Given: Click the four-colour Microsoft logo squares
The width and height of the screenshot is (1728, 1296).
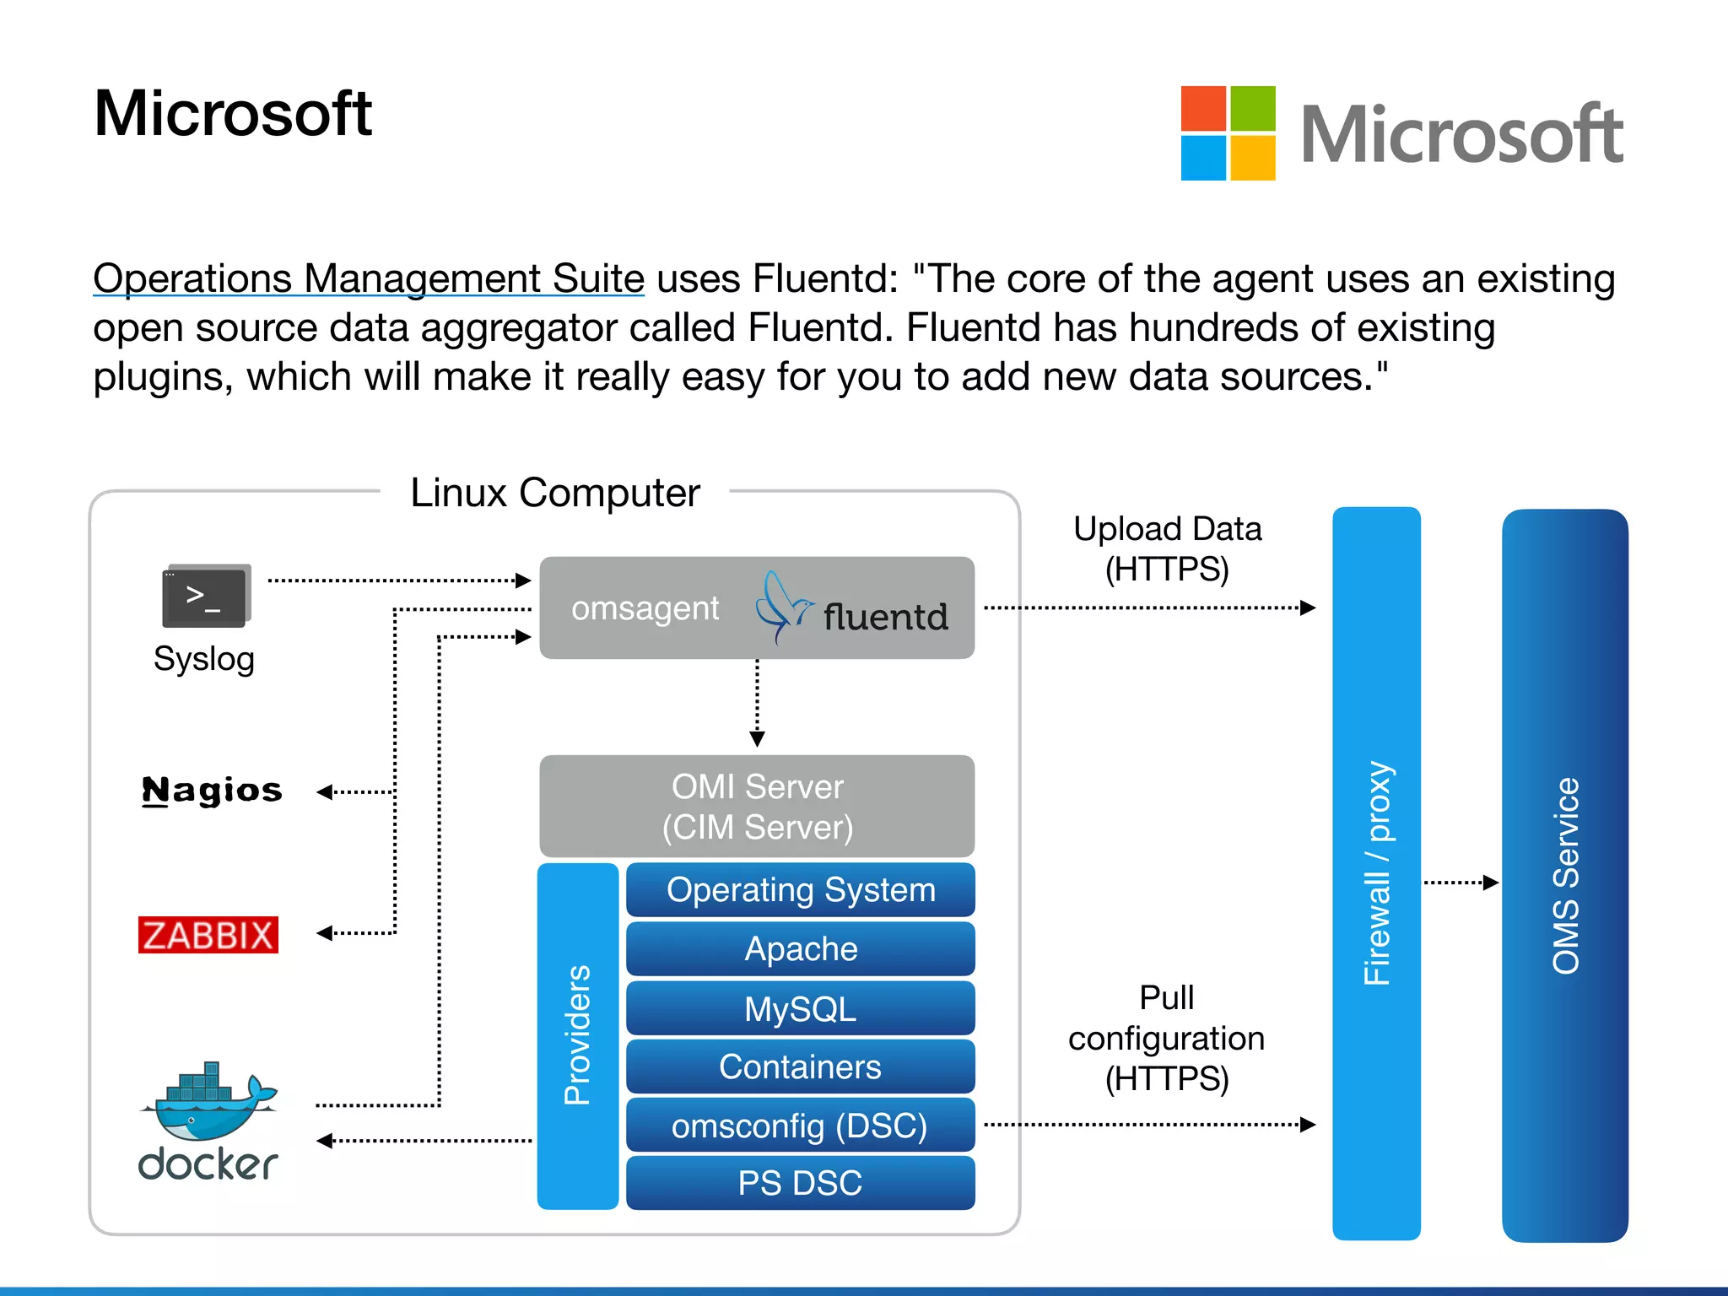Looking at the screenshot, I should pyautogui.click(x=1228, y=133).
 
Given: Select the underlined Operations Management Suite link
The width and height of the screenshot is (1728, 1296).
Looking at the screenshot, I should pyautogui.click(x=369, y=278).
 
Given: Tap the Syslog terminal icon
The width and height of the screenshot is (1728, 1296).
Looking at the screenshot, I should pyautogui.click(x=206, y=596).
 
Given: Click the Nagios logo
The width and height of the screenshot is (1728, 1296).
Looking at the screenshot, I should pyautogui.click(x=212, y=791).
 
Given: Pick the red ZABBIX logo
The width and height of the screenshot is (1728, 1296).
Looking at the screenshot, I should pyautogui.click(x=208, y=935).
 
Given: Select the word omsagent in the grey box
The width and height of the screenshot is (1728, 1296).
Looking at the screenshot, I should pyautogui.click(x=645, y=608).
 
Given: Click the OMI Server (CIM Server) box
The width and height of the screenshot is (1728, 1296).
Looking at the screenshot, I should pyautogui.click(x=757, y=806).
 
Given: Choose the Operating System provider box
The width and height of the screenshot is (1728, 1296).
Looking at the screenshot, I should pyautogui.click(x=800, y=890).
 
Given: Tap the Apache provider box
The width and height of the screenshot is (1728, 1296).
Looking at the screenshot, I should pyautogui.click(x=800, y=949).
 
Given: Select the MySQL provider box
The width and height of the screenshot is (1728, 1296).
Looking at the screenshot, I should pyautogui.click(x=800, y=1008).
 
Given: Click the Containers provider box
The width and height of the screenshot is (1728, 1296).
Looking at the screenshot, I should pyautogui.click(x=800, y=1066).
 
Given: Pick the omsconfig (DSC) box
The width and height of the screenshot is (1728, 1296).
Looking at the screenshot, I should pyautogui.click(x=800, y=1126).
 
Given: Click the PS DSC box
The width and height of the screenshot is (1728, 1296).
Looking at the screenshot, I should pyautogui.click(x=800, y=1183).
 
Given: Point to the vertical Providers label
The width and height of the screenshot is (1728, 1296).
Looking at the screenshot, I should pyautogui.click(x=578, y=1035).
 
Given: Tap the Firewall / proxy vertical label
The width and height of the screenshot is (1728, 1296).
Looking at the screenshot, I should pyautogui.click(x=1377, y=873).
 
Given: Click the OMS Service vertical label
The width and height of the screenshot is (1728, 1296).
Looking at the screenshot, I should pyautogui.click(x=1565, y=875).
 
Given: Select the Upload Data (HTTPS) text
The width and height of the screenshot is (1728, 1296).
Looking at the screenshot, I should pyautogui.click(x=1167, y=548).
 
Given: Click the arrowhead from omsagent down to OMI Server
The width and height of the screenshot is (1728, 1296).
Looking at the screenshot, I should pyautogui.click(x=757, y=739).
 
